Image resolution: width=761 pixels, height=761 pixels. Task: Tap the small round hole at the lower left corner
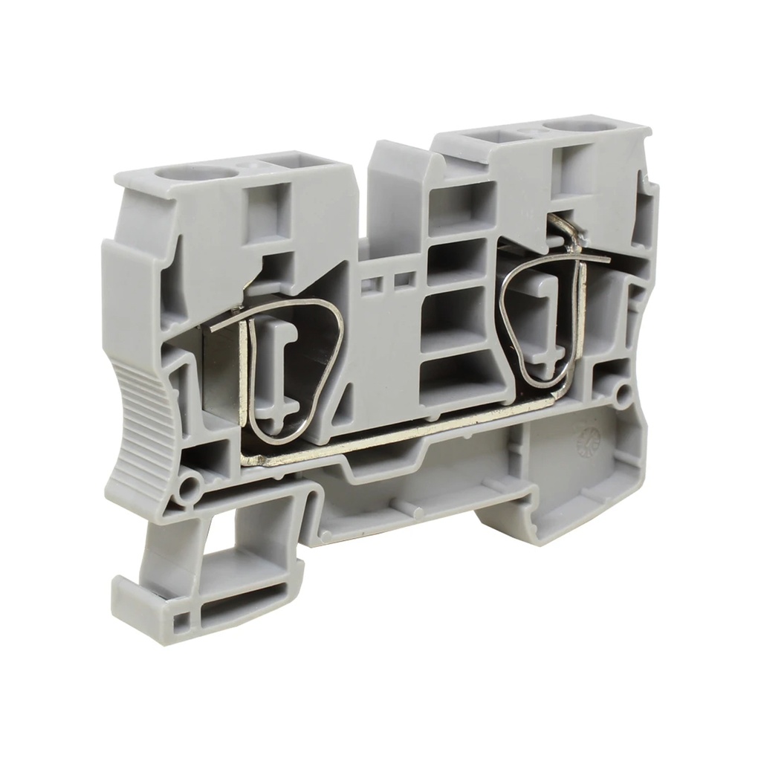coord(190,488)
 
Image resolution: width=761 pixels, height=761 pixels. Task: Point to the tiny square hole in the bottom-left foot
coord(180,621)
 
